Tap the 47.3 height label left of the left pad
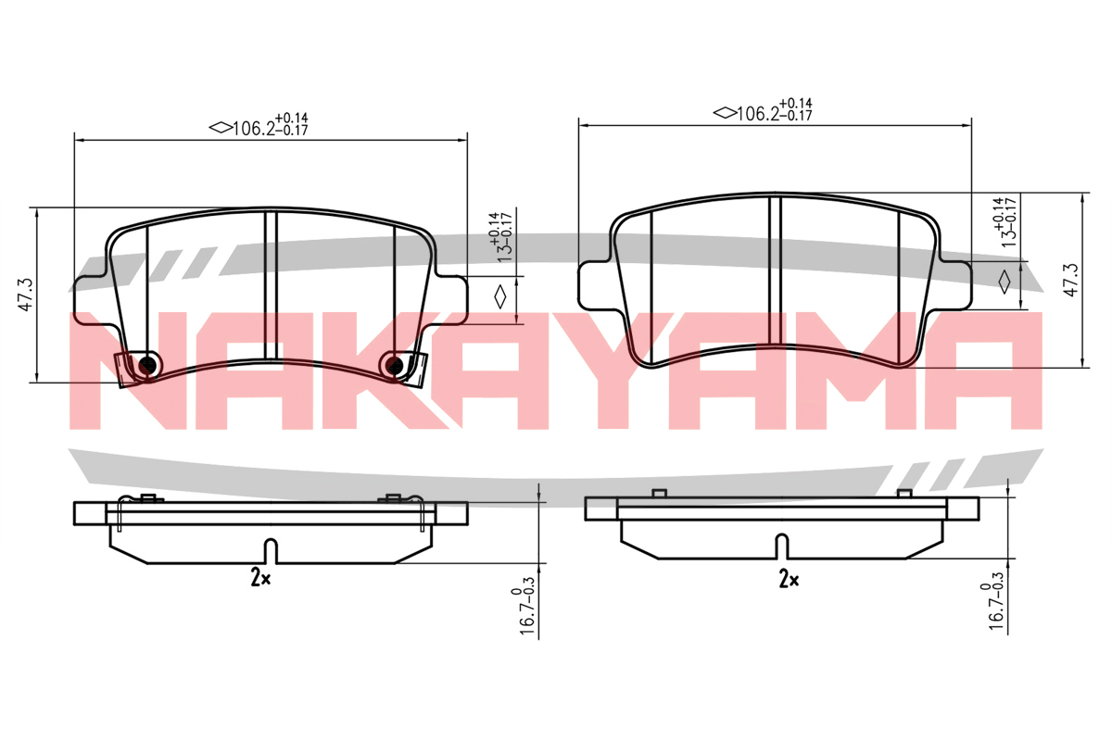[26, 295]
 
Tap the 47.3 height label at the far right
[1071, 280]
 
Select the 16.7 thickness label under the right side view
[993, 601]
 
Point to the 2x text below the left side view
[260, 577]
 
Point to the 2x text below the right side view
[789, 579]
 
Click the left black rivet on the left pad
[147, 366]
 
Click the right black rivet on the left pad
[394, 366]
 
